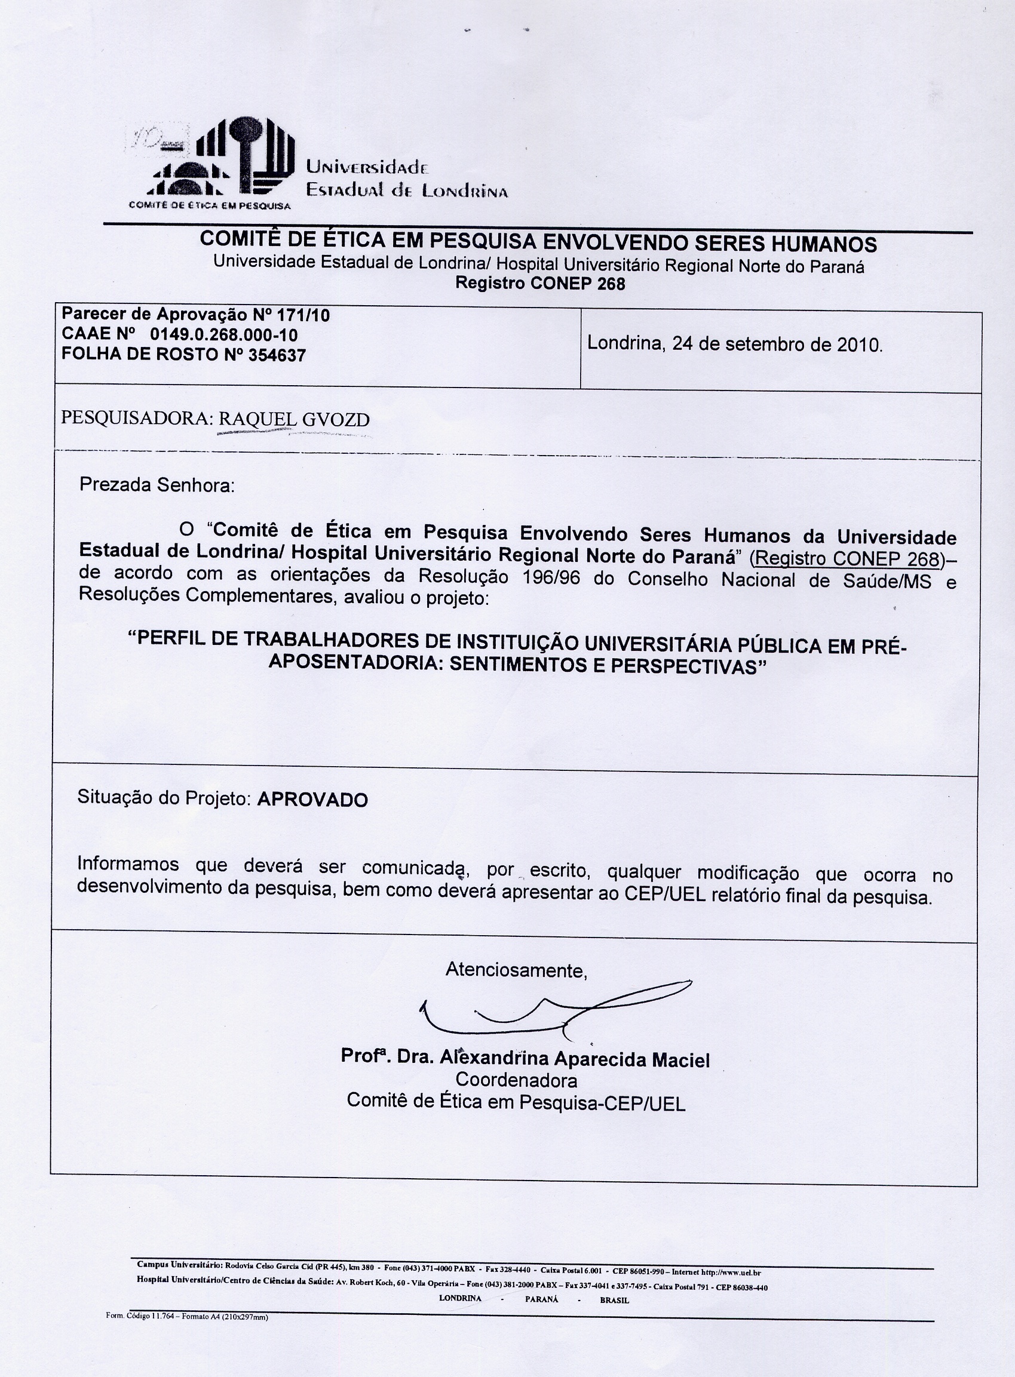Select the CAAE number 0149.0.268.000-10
224,336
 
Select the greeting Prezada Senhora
157,485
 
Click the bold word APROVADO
312,800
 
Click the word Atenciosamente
516,970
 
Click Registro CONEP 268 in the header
539,284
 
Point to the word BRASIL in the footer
614,1299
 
